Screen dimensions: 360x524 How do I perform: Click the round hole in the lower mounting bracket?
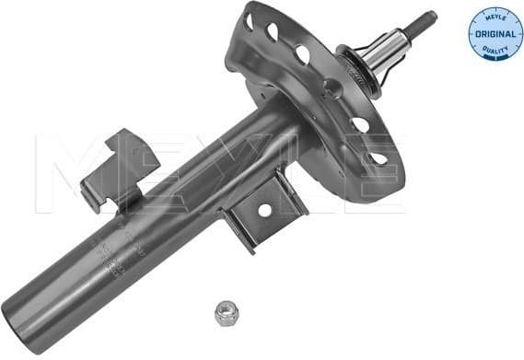[265, 210]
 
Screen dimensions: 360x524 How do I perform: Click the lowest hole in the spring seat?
[376, 158]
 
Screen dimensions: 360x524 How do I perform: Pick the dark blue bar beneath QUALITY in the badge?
[495, 55]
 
